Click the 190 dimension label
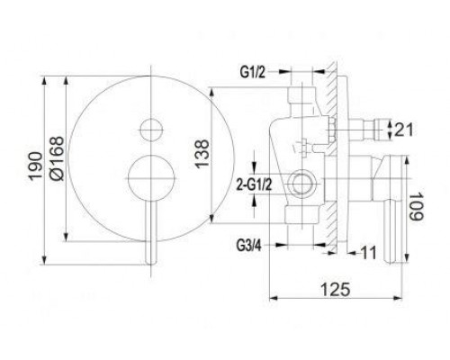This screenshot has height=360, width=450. (35, 166)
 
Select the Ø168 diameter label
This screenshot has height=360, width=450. (57, 158)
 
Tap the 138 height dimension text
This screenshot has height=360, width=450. (202, 154)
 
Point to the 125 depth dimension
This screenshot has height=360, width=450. (336, 289)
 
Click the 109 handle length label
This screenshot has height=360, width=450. (416, 207)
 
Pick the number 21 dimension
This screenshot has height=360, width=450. (403, 130)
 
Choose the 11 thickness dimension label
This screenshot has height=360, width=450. (368, 253)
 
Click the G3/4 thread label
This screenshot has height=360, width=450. (248, 246)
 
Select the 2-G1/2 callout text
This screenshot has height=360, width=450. (254, 184)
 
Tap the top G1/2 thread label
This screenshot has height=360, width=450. (253, 72)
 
